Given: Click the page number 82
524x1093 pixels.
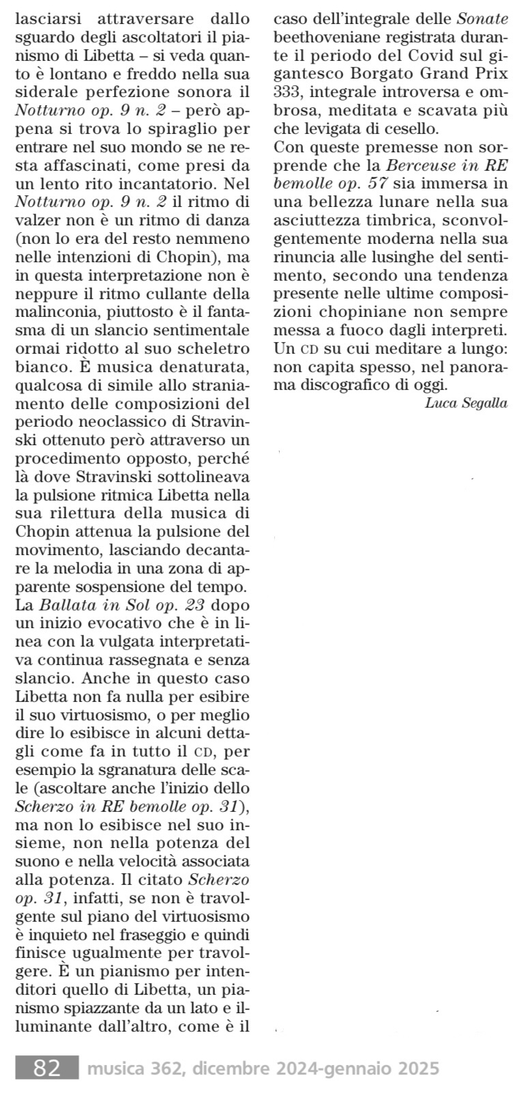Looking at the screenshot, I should click(x=47, y=1067).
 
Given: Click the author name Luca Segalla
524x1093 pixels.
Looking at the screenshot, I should click(x=466, y=402).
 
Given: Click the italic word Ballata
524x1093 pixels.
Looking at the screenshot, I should click(x=68, y=604).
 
